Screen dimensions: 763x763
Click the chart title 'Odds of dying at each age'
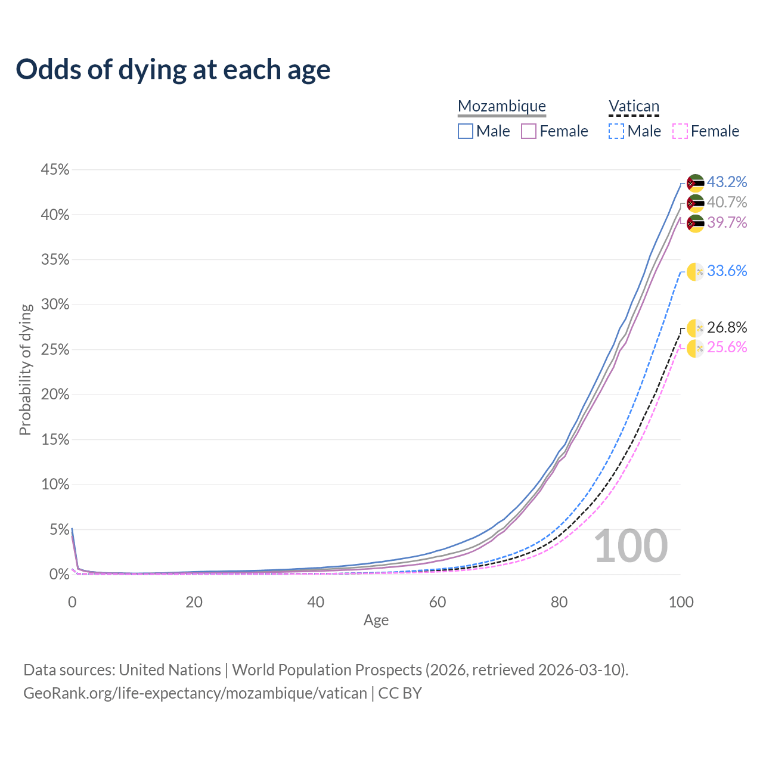pyautogui.click(x=173, y=70)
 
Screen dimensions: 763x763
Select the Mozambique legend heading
pyautogui.click(x=502, y=107)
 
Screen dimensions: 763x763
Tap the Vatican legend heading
pyautogui.click(x=634, y=107)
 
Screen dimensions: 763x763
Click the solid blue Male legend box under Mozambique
pyautogui.click(x=466, y=131)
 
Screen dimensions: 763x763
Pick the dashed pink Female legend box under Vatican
pyautogui.click(x=680, y=131)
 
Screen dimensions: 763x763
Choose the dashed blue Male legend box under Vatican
pyautogui.click(x=616, y=131)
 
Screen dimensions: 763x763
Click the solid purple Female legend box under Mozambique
pyautogui.click(x=529, y=131)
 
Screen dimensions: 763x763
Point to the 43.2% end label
pyautogui.click(x=727, y=182)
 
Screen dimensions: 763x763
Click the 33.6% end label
pyautogui.click(x=727, y=271)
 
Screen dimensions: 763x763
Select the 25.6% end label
pyautogui.click(x=727, y=348)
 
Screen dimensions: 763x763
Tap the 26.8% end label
pyautogui.click(x=727, y=327)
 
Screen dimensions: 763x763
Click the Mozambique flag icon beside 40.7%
pyautogui.click(x=695, y=203)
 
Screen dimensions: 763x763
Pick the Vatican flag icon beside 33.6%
pyautogui.click(x=695, y=272)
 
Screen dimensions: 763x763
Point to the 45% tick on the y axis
pyautogui.click(x=55, y=170)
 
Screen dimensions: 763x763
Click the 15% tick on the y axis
pyautogui.click(x=55, y=440)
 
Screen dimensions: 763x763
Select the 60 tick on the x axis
pyautogui.click(x=438, y=602)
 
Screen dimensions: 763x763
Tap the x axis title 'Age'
pyautogui.click(x=376, y=621)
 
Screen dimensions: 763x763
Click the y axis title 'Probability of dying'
pyautogui.click(x=25, y=370)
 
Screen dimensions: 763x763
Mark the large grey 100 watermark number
pyautogui.click(x=631, y=546)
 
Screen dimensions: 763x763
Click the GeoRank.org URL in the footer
pyautogui.click(x=195, y=693)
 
